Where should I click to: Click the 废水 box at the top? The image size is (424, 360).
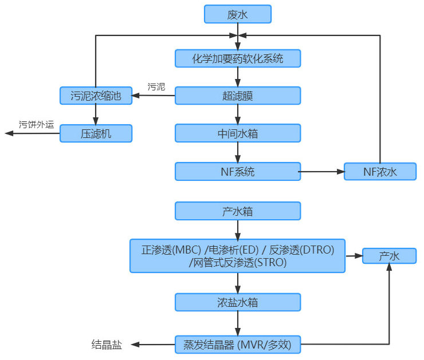237,14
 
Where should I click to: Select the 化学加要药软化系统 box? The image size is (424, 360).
237,58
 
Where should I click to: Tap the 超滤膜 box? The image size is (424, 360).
237,96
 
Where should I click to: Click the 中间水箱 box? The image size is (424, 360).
237,133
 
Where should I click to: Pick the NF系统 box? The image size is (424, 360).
237,171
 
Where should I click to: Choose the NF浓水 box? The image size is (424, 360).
380,171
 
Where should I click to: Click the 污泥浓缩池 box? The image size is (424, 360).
96,96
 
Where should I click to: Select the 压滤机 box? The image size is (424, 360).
96,133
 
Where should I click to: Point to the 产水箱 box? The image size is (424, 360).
237,211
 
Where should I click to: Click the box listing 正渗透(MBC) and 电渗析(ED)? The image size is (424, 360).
237,256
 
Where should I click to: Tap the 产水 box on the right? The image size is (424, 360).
389,256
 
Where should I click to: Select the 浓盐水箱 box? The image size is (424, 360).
237,302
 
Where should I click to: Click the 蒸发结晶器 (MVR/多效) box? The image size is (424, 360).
237,345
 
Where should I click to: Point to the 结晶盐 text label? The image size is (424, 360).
107,345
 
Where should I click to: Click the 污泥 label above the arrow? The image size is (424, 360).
156,87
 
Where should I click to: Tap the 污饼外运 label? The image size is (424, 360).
36,124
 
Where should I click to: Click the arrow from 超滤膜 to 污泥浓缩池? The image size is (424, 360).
153,96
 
